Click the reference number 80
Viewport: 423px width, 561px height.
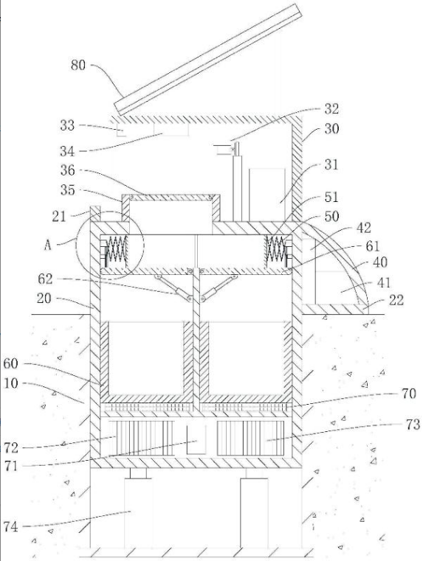click(78, 66)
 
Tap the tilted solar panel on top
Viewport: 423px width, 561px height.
click(207, 60)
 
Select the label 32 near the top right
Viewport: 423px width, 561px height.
click(331, 109)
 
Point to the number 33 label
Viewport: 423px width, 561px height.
click(67, 125)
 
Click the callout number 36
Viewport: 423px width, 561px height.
click(68, 170)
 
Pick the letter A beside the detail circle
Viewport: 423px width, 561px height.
click(48, 245)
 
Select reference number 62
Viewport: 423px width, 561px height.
click(45, 279)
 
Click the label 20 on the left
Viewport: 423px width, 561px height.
click(44, 298)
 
